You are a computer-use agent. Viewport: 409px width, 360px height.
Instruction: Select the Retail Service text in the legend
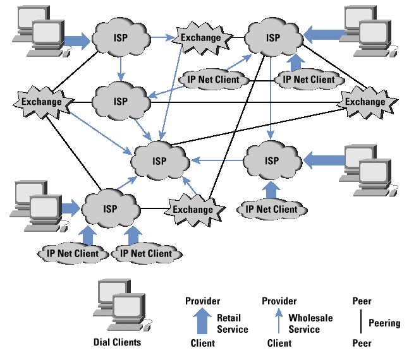click(233, 323)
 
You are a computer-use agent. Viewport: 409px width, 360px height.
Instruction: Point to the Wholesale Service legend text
click(310, 323)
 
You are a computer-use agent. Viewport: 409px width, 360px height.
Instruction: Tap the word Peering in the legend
click(384, 323)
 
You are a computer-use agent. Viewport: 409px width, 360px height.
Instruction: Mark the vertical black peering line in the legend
click(361, 322)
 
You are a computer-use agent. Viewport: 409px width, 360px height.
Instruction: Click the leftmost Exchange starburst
click(41, 101)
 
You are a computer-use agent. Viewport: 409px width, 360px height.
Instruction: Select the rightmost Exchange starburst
click(365, 101)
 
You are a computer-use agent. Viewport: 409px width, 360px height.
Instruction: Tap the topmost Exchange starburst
click(201, 37)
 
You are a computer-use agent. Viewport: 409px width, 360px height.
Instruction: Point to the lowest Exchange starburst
click(193, 209)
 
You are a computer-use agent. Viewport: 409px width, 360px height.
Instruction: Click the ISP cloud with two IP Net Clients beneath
click(111, 208)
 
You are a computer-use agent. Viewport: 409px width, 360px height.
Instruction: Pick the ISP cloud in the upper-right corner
click(272, 37)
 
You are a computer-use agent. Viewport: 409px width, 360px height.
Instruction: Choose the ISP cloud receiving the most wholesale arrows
click(159, 160)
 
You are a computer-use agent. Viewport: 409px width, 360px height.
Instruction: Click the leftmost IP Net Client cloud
click(73, 253)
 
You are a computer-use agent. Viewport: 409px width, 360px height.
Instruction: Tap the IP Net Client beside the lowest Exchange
click(271, 209)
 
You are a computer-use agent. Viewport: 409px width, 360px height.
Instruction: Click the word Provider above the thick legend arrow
click(202, 301)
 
